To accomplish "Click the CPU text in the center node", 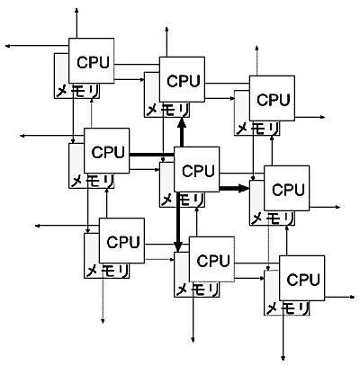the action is click(198, 171).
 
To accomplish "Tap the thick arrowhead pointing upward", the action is click(182, 123).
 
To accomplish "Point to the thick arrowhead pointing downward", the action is click(178, 246).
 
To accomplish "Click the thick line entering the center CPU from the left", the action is click(152, 155).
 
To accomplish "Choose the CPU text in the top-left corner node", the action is click(93, 62).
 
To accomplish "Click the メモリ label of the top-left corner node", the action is click(77, 91).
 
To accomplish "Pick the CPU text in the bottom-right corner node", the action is click(303, 280).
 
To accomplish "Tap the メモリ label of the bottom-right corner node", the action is click(288, 308).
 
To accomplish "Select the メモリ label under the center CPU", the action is click(183, 200).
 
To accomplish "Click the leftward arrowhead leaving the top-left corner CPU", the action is click(7, 46).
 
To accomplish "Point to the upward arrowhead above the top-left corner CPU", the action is click(76, 11).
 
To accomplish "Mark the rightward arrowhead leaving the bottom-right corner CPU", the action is click(352, 297).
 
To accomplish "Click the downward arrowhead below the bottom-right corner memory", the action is click(283, 357).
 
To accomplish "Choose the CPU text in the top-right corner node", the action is click(274, 100).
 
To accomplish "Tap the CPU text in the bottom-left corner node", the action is click(123, 242).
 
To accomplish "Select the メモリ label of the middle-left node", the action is click(93, 181).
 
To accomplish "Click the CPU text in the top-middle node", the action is click(183, 81).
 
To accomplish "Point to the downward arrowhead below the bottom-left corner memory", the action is click(103, 320).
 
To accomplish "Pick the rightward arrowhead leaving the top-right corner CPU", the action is click(322, 117).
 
